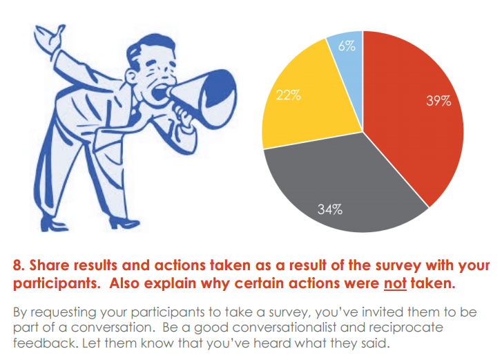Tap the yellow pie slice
297,111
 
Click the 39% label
438,101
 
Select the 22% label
288,95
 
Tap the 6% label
347,47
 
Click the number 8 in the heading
19,265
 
